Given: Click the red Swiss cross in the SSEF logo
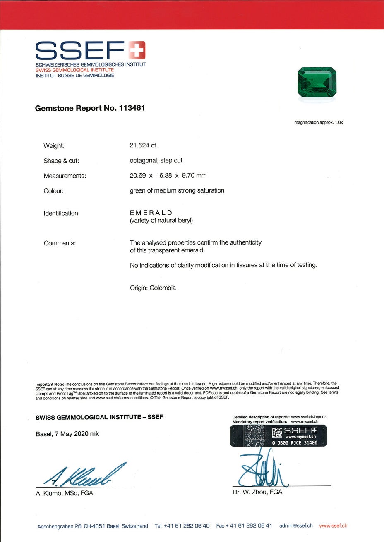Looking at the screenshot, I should (137, 51).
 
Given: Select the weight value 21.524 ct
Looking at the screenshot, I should (143, 145).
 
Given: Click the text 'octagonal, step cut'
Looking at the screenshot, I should (156, 160).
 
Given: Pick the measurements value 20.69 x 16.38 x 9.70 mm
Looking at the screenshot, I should (168, 175).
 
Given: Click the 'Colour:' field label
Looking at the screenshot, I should (54, 191).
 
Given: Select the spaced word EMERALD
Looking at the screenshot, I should (151, 213).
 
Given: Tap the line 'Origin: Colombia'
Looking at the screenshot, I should (153, 288).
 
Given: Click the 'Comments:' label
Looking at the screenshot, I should (60, 243).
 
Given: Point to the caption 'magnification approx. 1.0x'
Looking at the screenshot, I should (319, 122).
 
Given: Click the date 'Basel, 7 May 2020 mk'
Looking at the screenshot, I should (67, 434).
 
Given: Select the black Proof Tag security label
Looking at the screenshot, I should (278, 435).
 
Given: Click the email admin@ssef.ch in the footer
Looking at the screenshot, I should (296, 525).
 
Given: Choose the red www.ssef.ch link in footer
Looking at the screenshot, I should (333, 525).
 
